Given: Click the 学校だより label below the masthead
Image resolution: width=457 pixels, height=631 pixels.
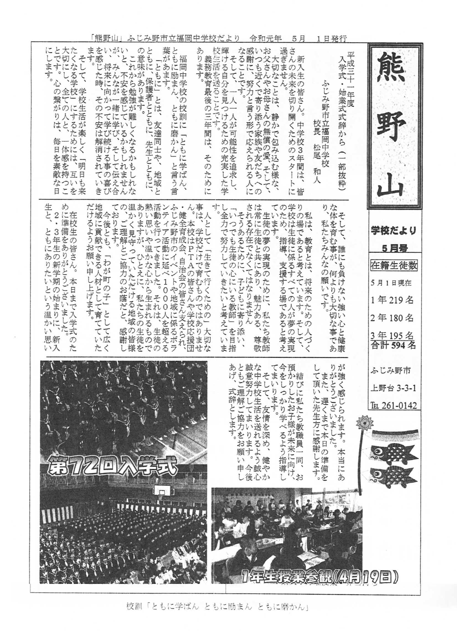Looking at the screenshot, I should tap(393, 231).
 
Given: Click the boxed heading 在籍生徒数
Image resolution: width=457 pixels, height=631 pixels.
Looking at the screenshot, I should tap(394, 266).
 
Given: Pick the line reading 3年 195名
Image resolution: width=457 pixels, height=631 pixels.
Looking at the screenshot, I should tap(392, 335).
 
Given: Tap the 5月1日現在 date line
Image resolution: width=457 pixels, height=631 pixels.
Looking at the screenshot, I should tap(391, 283).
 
